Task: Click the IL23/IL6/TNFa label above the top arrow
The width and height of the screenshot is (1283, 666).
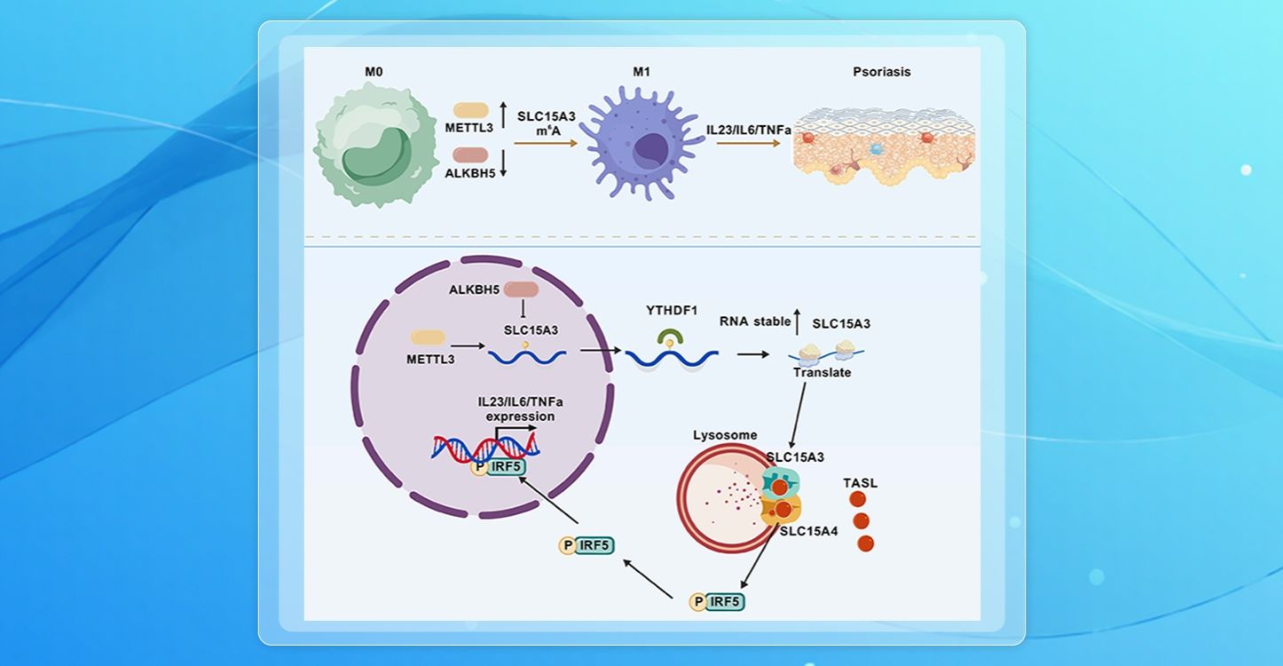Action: pos(749,130)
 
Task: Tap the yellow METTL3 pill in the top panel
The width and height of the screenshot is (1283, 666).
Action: pos(471,110)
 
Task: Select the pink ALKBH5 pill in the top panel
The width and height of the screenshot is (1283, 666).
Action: pos(471,155)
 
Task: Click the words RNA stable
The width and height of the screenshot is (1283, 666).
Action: pos(754,321)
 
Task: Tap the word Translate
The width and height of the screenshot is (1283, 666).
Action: pos(822,373)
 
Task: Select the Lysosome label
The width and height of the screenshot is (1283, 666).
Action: pos(725,435)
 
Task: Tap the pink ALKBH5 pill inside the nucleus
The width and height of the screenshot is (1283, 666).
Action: pos(521,289)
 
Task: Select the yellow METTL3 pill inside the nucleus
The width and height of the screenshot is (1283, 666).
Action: pos(428,337)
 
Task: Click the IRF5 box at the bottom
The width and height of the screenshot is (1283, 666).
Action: pos(725,602)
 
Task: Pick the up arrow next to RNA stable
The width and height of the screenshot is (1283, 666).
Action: pos(798,321)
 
